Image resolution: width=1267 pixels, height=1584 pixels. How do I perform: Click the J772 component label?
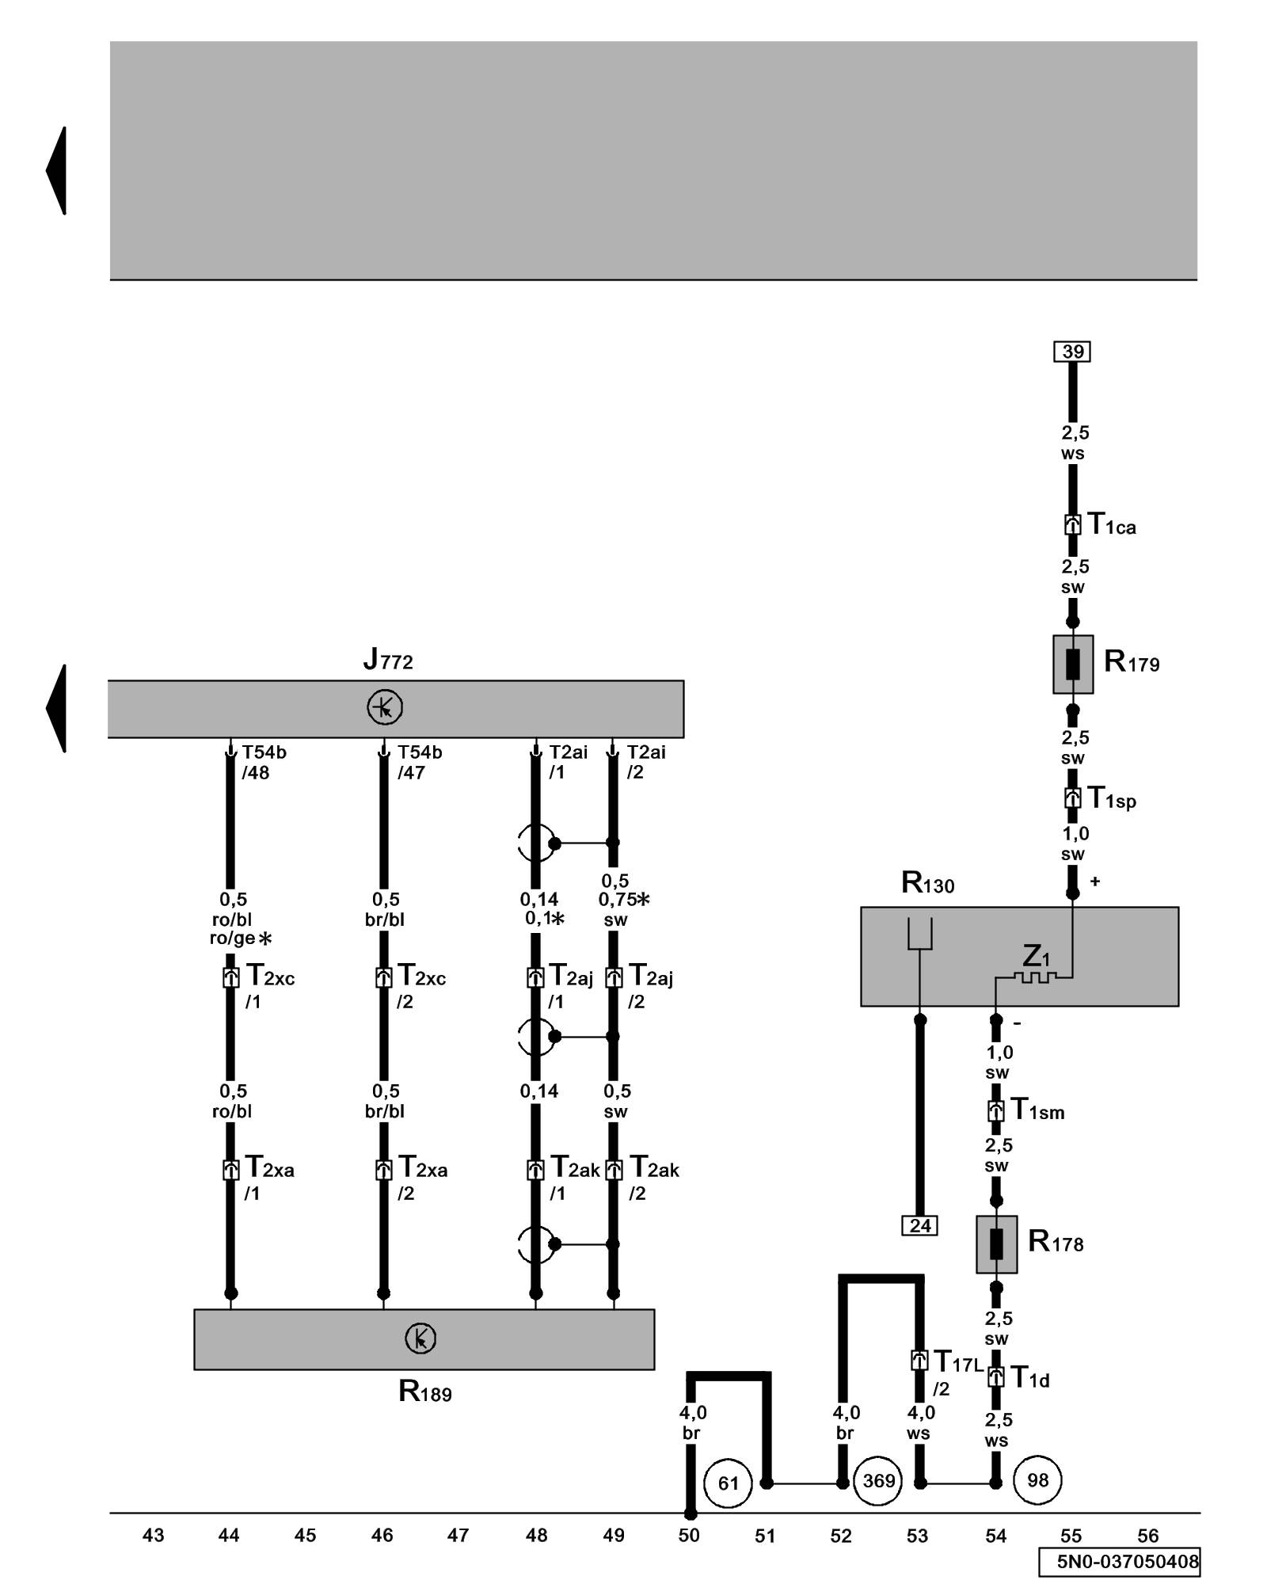pyautogui.click(x=388, y=659)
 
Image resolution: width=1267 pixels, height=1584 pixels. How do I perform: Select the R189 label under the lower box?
pyautogui.click(x=424, y=1392)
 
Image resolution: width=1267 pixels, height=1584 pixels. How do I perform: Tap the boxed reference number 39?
pyautogui.click(x=1072, y=352)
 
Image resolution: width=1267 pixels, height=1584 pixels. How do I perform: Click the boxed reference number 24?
pyautogui.click(x=919, y=1226)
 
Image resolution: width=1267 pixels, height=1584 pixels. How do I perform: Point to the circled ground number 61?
pyautogui.click(x=728, y=1483)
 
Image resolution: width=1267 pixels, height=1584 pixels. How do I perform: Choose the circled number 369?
pyautogui.click(x=878, y=1481)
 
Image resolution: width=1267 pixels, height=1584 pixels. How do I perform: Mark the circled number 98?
pyautogui.click(x=1037, y=1480)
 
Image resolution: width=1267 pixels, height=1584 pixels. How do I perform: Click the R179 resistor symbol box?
pyautogui.click(x=1072, y=664)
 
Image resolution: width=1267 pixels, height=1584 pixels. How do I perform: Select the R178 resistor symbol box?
pyautogui.click(x=996, y=1244)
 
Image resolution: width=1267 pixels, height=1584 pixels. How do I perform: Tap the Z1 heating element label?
pyautogui.click(x=1035, y=956)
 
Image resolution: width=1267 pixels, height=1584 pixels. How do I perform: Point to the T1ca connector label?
pyautogui.click(x=1111, y=524)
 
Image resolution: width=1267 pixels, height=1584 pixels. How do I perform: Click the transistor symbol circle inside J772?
pyautogui.click(x=385, y=707)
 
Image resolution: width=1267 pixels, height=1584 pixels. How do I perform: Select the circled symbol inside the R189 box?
pyautogui.click(x=420, y=1338)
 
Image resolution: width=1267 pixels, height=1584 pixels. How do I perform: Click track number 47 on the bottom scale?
pyautogui.click(x=458, y=1536)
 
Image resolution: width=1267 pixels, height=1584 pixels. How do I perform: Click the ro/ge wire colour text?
pyautogui.click(x=232, y=939)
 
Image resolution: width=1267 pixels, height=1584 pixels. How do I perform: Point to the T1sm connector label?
pyautogui.click(x=1037, y=1110)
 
